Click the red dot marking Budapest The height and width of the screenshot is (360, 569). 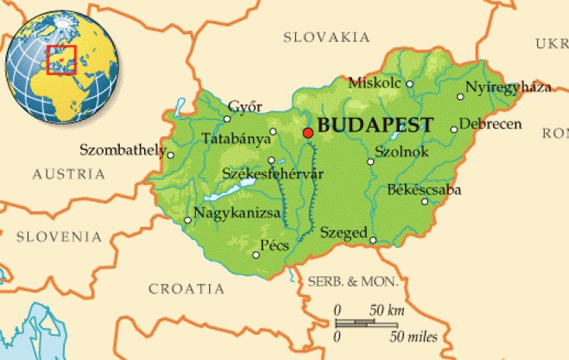[x=308, y=133]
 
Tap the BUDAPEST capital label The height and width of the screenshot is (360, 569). [x=375, y=126]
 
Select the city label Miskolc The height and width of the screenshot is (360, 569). [x=375, y=82]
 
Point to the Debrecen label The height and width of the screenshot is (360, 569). [x=491, y=124]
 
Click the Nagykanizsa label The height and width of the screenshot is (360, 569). [x=237, y=213]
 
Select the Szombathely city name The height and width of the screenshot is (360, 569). [x=122, y=149]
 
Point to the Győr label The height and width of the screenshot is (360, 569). [x=245, y=107]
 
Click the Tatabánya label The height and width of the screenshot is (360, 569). [x=236, y=139]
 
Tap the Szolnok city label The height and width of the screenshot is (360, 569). [x=401, y=152]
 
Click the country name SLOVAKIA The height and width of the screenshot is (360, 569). [x=326, y=37]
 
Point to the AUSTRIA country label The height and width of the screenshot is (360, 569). [x=69, y=174]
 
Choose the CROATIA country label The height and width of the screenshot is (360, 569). [x=187, y=289]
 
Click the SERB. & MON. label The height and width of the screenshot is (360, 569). [x=353, y=279]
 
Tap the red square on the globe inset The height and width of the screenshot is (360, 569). [x=61, y=60]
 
